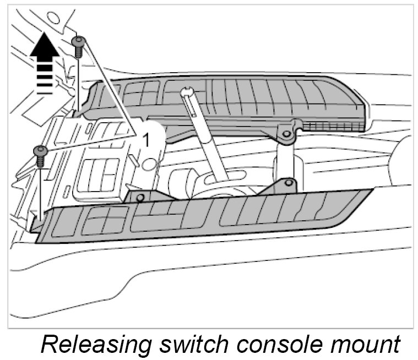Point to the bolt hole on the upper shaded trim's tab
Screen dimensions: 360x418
[x=285, y=133]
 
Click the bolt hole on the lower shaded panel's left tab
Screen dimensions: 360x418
[x=140, y=197]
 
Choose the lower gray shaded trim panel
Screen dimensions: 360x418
[x=198, y=217]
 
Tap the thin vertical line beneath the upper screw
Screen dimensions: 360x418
[x=79, y=83]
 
